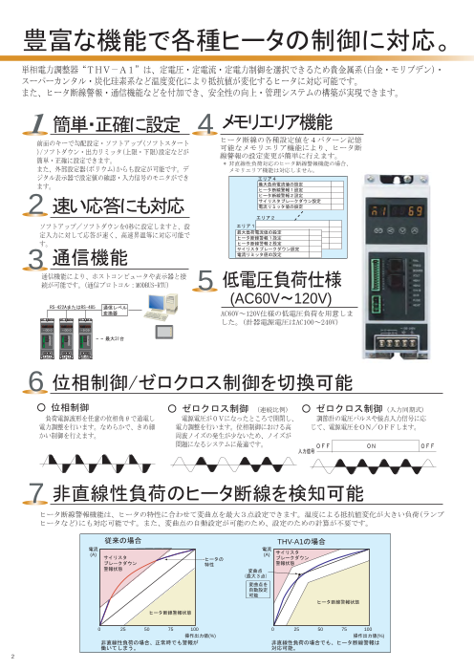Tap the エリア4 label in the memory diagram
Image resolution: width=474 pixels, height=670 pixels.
[x=241, y=178]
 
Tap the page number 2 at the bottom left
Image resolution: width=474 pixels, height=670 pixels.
[x=13, y=657]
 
